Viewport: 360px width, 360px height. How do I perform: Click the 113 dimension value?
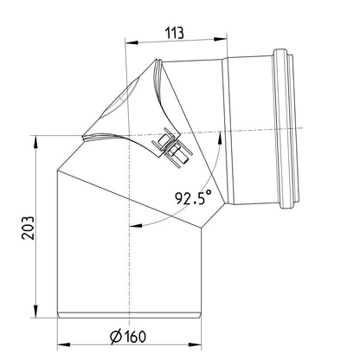175,33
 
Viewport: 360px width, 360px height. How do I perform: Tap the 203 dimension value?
28,228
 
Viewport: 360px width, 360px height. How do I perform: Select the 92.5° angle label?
194,198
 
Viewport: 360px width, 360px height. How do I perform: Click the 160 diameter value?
136,337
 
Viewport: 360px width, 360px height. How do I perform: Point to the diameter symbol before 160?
116,337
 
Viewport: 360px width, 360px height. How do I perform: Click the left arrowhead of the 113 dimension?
132,42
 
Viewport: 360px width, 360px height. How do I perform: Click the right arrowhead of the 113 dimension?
220,39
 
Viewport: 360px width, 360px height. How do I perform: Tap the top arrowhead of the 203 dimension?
35,142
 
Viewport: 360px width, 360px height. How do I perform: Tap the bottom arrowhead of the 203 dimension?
35,311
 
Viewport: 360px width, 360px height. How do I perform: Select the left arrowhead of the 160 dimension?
64,344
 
